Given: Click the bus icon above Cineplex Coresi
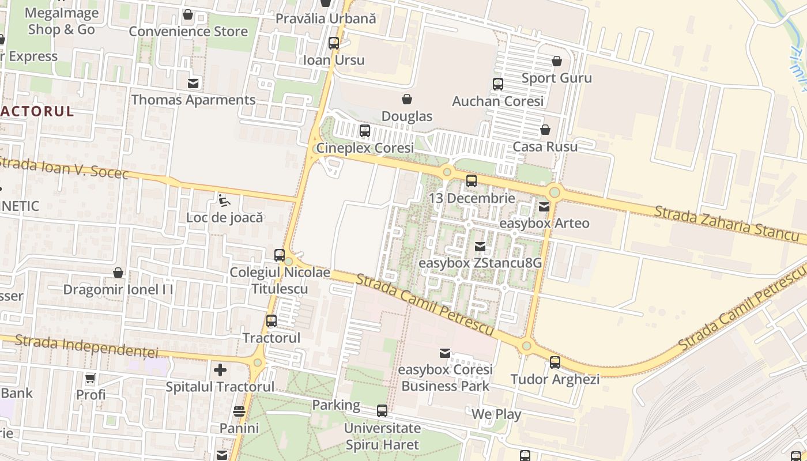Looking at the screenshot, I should (x=365, y=131).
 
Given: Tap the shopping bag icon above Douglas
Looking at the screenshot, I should (x=407, y=99).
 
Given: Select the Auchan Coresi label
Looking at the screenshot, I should (x=498, y=101).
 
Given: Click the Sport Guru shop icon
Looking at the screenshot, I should (x=557, y=61).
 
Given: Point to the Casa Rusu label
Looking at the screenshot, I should (x=545, y=146).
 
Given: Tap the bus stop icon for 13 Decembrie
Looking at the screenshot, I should (x=472, y=181).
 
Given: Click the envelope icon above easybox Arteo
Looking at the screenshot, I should (x=544, y=206).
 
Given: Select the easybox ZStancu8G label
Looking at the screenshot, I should (x=480, y=263).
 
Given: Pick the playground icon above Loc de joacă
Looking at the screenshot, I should (x=224, y=201).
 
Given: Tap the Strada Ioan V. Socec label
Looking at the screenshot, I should (x=63, y=167).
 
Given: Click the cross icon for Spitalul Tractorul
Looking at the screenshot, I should (x=220, y=369).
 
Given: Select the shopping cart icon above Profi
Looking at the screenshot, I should (x=90, y=379).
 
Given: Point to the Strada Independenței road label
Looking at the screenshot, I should (x=86, y=345).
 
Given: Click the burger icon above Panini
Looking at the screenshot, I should (x=239, y=411).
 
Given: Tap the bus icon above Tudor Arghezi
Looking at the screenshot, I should (x=555, y=362).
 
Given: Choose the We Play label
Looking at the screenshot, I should (x=496, y=414).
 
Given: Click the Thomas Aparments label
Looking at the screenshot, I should (x=193, y=100).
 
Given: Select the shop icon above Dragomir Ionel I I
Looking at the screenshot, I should (x=118, y=272).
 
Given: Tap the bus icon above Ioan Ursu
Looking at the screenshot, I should (x=333, y=43).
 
